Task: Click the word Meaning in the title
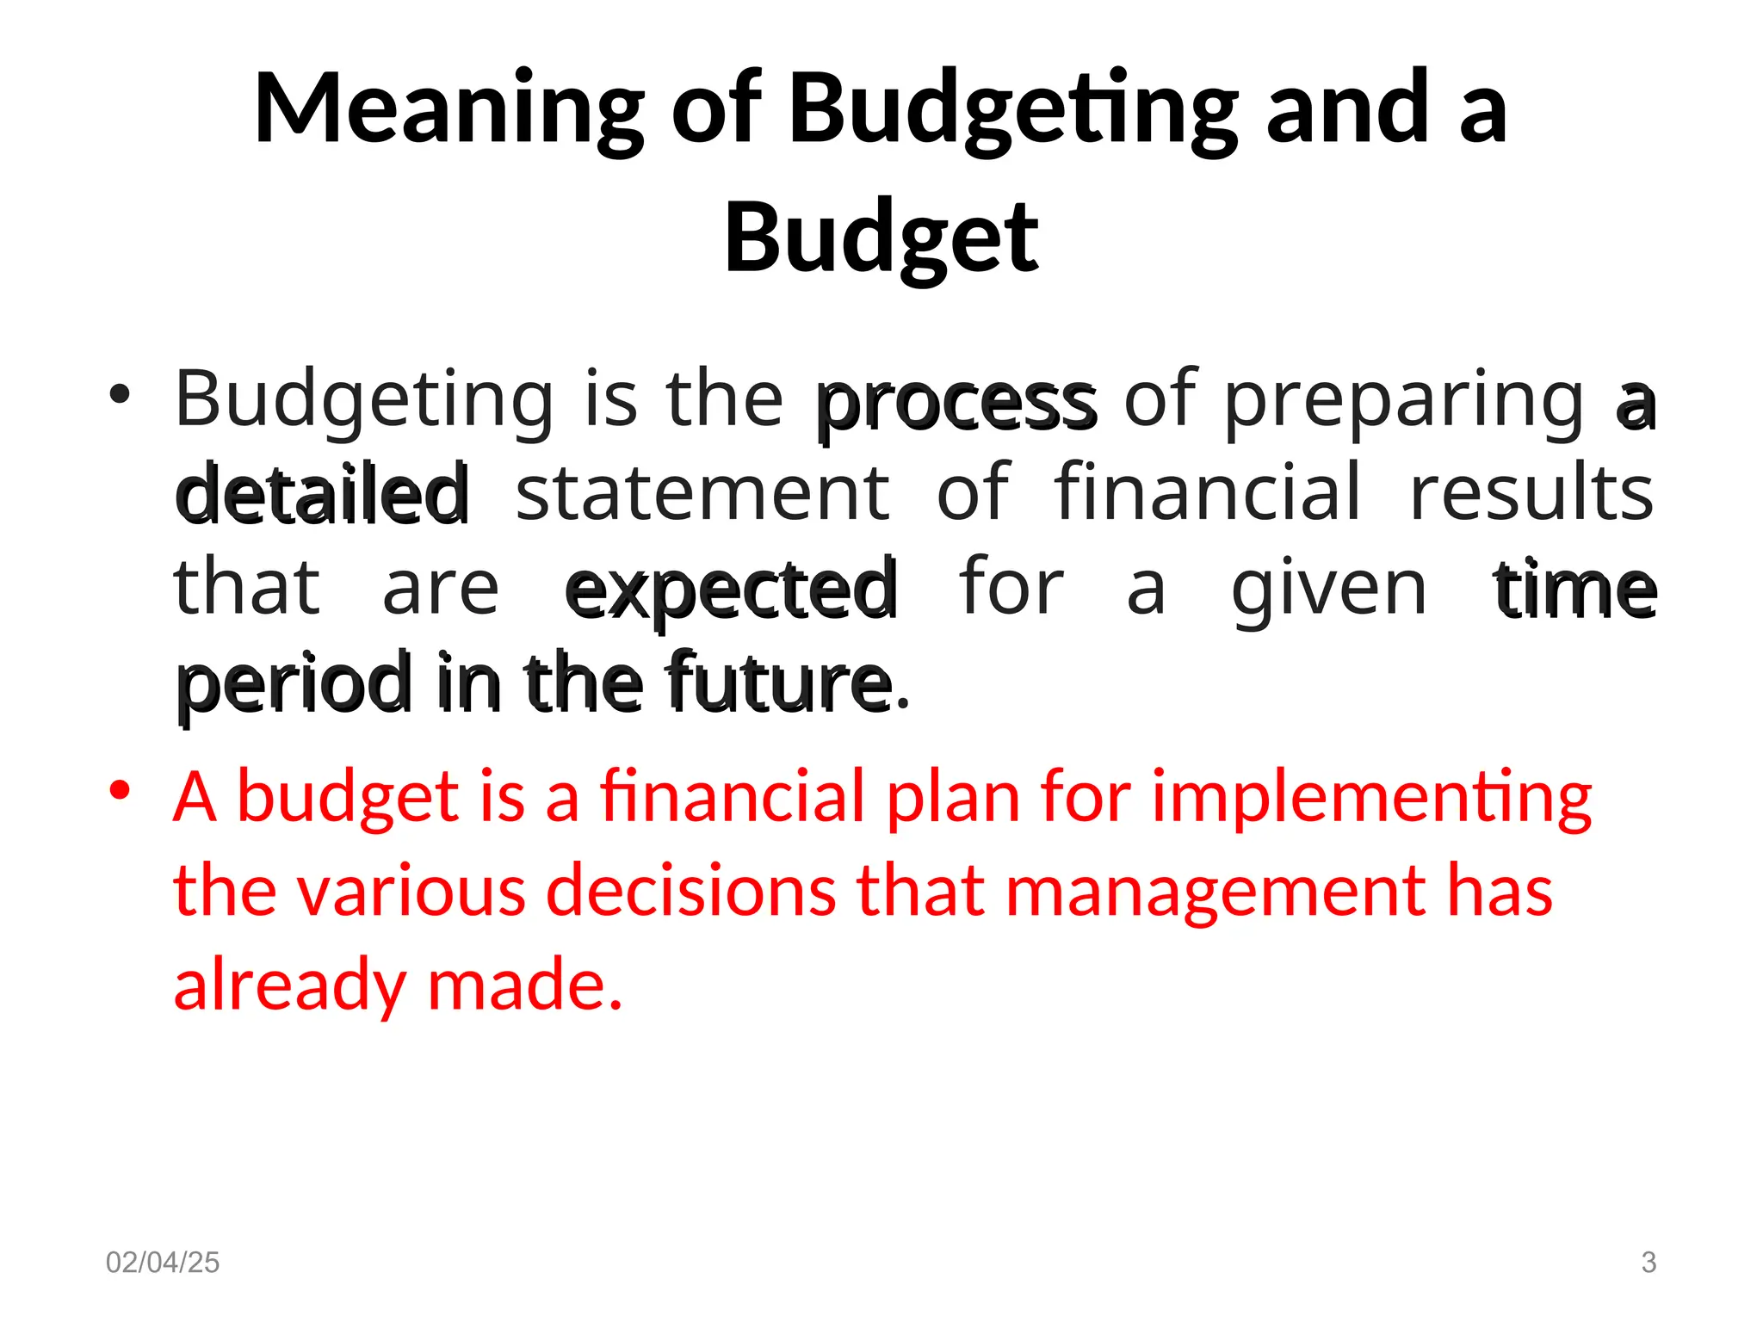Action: pyautogui.click(x=448, y=110)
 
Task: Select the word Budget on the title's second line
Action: pyautogui.click(x=881, y=238)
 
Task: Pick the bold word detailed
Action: pyautogui.click(x=323, y=494)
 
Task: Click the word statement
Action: pyautogui.click(x=702, y=492)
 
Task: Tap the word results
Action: pyautogui.click(x=1531, y=492)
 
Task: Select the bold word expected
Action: pyautogui.click(x=732, y=590)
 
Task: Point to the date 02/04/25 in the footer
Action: pyautogui.click(x=163, y=1263)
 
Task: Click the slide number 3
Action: pyautogui.click(x=1649, y=1263)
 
